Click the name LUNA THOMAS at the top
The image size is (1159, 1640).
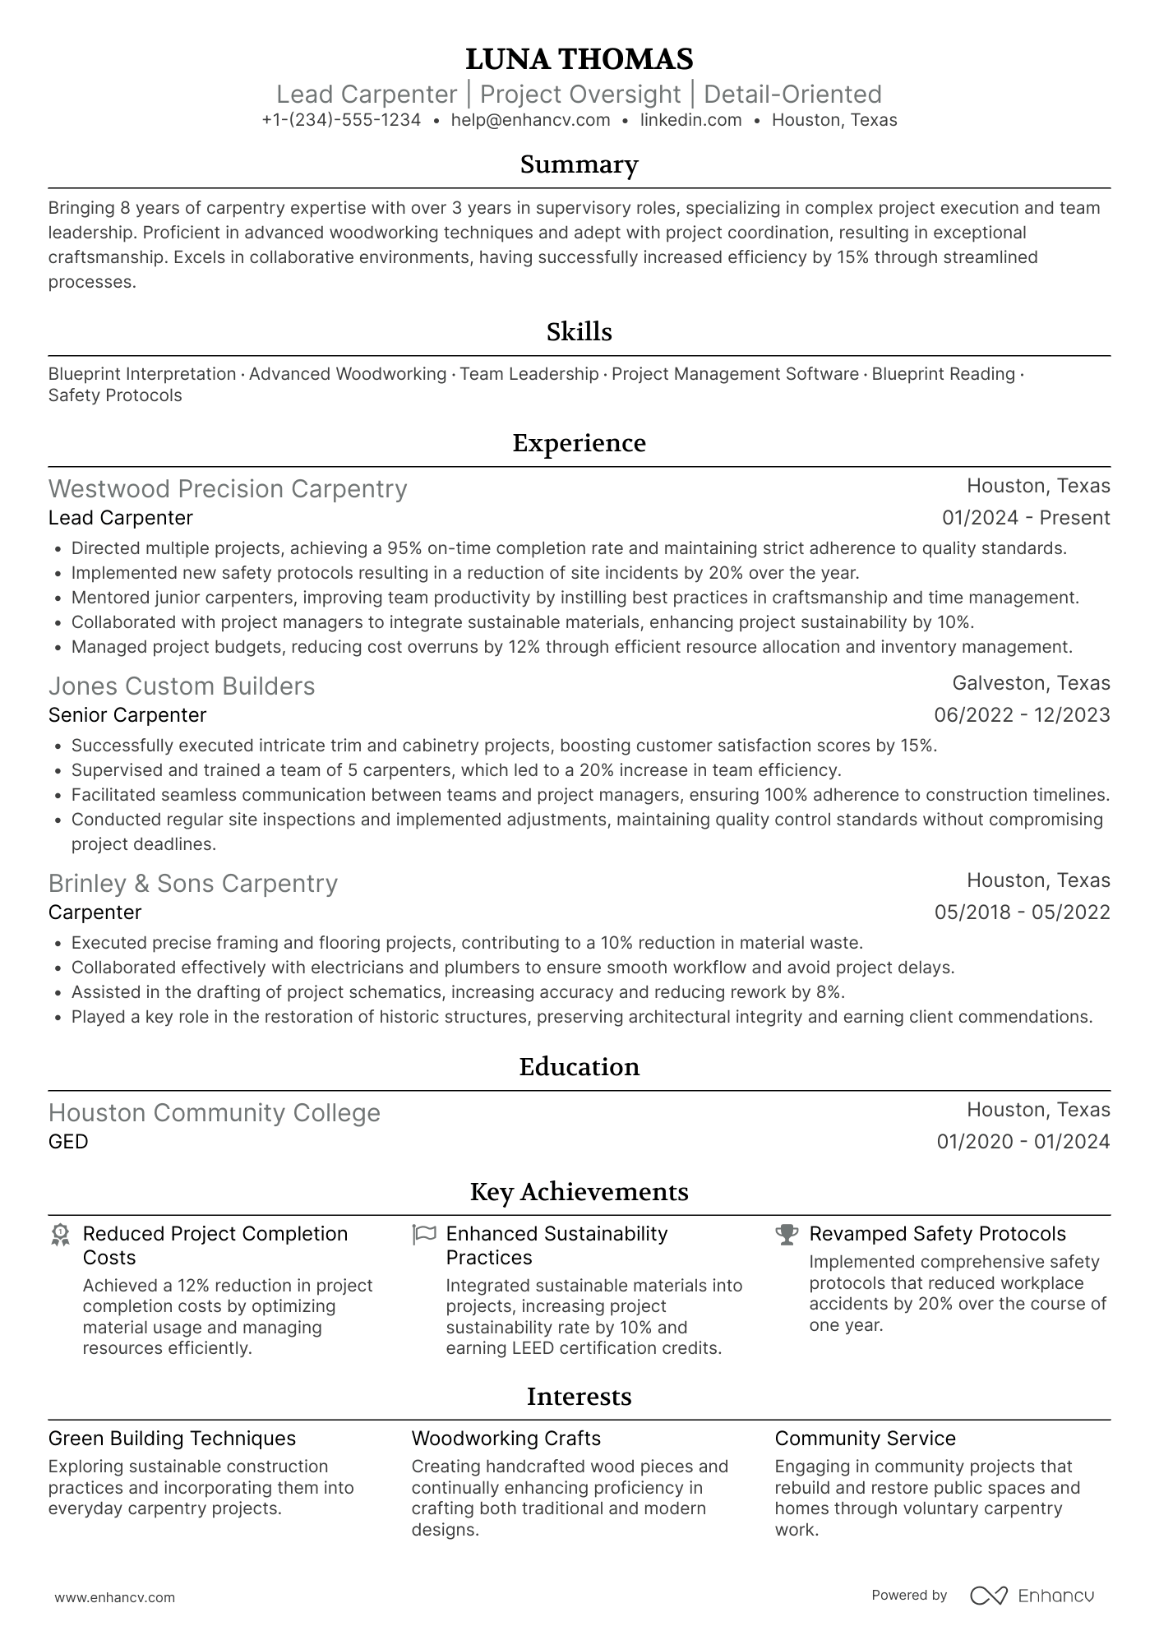point(579,59)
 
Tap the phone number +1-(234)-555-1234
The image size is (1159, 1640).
point(341,120)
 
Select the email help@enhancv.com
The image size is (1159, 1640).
point(530,120)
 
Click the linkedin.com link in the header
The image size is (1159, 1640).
point(690,120)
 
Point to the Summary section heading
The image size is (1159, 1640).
point(579,164)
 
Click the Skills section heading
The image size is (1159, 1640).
point(579,332)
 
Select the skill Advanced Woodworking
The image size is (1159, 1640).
point(348,374)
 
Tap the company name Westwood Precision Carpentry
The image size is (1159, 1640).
point(228,489)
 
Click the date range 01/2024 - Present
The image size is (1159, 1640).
point(1026,518)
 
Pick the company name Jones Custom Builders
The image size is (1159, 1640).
point(182,686)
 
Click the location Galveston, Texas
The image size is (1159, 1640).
point(1031,683)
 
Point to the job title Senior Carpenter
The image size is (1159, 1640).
point(127,715)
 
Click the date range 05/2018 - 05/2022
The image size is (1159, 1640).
point(1022,912)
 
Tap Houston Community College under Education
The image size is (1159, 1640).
point(215,1113)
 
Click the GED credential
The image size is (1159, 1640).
point(68,1142)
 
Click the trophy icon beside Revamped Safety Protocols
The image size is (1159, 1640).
point(787,1234)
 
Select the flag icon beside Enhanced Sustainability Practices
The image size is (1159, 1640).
point(423,1234)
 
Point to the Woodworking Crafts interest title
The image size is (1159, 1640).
point(506,1439)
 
